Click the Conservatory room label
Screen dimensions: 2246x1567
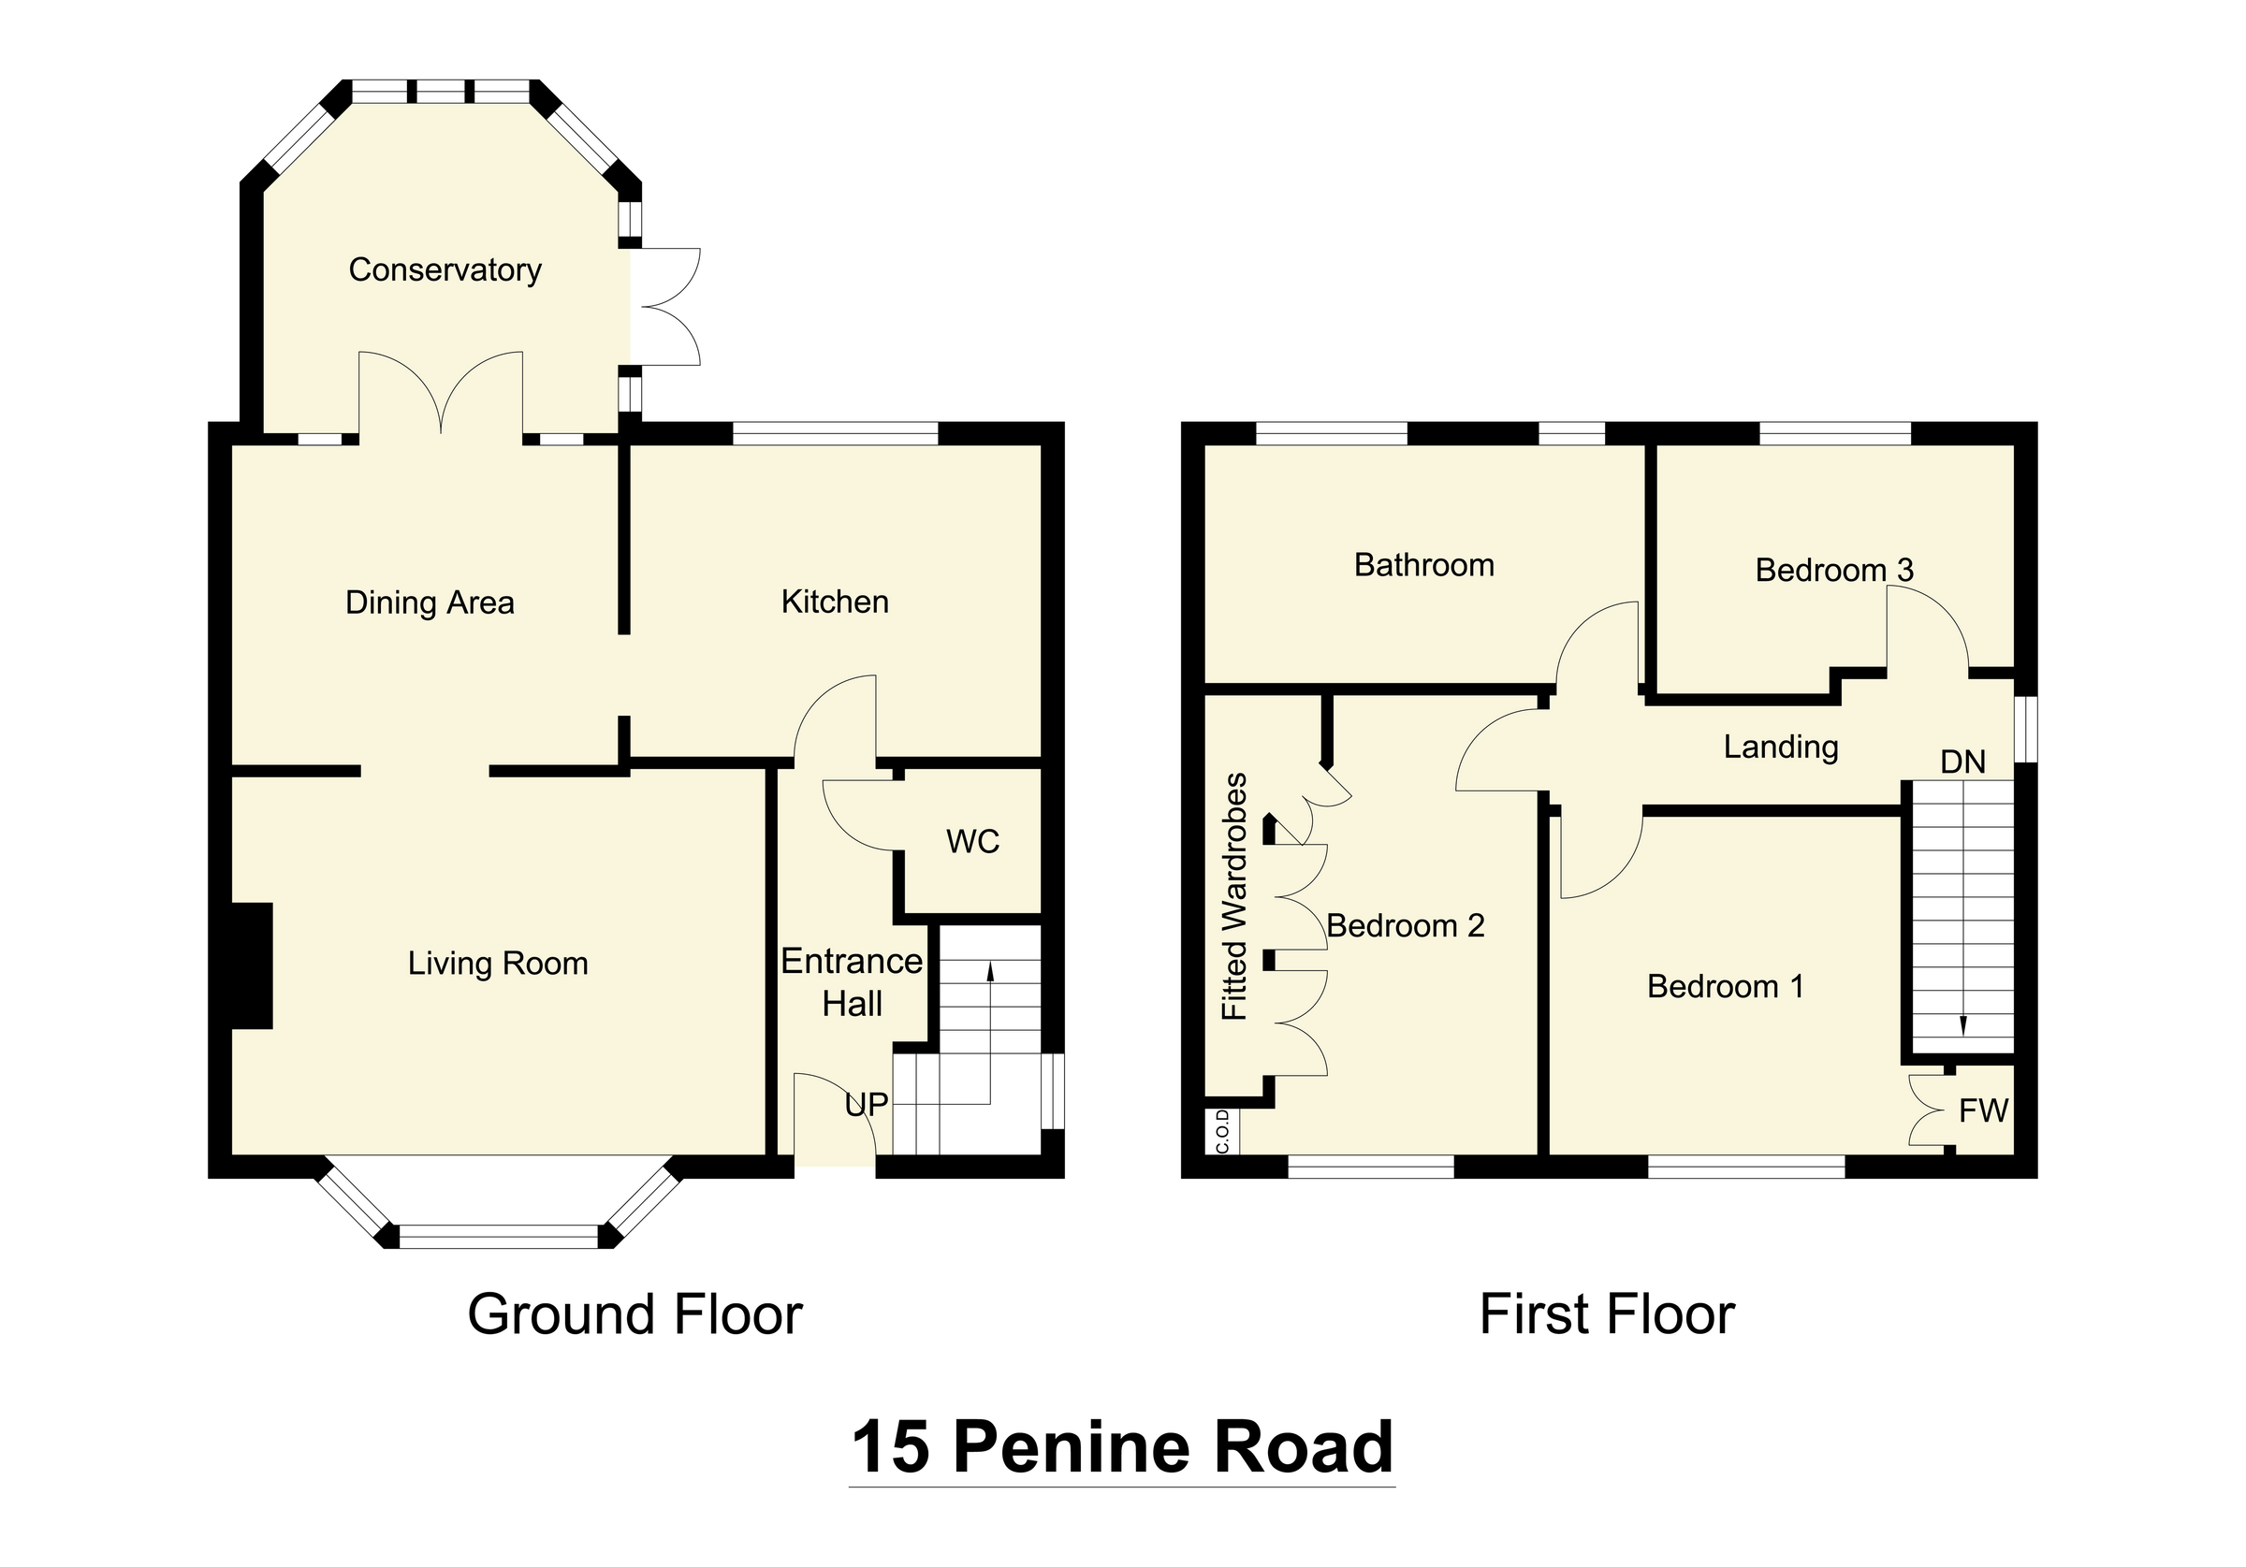(x=445, y=270)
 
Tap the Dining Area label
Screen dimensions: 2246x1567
(x=430, y=602)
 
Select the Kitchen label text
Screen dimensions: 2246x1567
(x=835, y=602)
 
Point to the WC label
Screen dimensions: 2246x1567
(x=972, y=841)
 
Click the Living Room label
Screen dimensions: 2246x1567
(x=498, y=964)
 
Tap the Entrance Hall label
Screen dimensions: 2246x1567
(x=852, y=983)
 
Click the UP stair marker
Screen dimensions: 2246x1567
(x=867, y=1105)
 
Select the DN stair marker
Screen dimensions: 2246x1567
(x=1962, y=762)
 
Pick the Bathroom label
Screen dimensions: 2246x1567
(x=1423, y=565)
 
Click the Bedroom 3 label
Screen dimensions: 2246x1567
(x=1834, y=571)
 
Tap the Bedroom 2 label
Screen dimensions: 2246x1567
(x=1406, y=925)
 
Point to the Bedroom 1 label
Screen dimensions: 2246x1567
(x=1726, y=986)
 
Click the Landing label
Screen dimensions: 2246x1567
(x=1780, y=747)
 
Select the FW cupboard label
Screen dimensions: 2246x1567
(x=1983, y=1110)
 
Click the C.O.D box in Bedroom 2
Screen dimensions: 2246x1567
(x=1223, y=1132)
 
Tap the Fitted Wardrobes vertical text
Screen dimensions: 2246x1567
(x=1235, y=896)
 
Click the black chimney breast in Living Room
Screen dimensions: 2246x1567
(x=252, y=965)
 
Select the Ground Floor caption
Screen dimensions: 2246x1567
(x=634, y=1314)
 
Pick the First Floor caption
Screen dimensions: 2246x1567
(x=1607, y=1314)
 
